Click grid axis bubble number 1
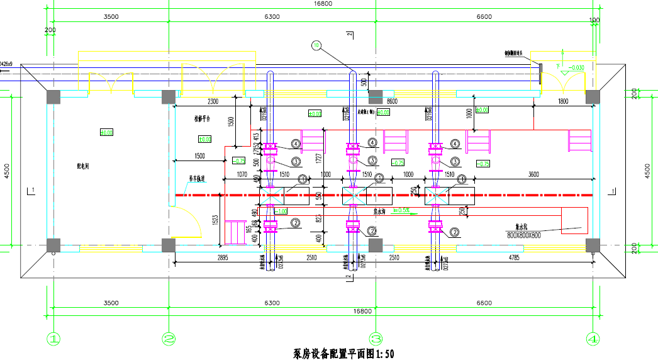(x=54, y=339)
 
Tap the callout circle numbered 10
(x=316, y=45)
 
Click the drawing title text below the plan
(x=343, y=354)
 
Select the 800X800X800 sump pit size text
(x=525, y=235)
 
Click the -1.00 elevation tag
(x=281, y=210)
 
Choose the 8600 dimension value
(x=392, y=101)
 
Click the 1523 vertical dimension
(x=215, y=220)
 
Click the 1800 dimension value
(x=562, y=101)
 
